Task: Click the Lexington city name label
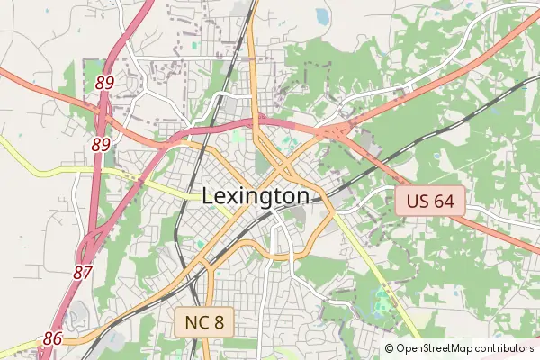pos(256,196)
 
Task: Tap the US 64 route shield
pos(430,201)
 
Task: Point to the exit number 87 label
pos(83,271)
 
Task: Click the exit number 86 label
pos(52,338)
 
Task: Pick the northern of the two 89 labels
pos(104,83)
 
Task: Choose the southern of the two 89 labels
pos(101,144)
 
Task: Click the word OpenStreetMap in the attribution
pos(439,348)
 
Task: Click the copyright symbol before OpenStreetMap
pos(389,348)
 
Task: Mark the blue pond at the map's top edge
pos(322,15)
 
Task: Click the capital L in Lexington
pos(208,196)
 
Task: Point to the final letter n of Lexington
pos(302,196)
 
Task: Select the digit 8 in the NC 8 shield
pos(218,321)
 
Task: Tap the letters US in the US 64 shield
pos(417,201)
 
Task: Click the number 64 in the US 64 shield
pos(444,201)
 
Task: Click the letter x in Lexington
pos(233,196)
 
